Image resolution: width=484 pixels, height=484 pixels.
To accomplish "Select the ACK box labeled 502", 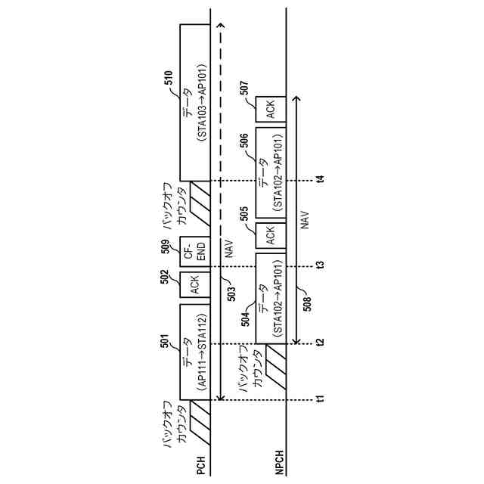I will [194, 285].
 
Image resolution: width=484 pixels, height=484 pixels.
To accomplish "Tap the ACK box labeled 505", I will [271, 235].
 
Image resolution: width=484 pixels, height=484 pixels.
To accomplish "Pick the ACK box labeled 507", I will [271, 110].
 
